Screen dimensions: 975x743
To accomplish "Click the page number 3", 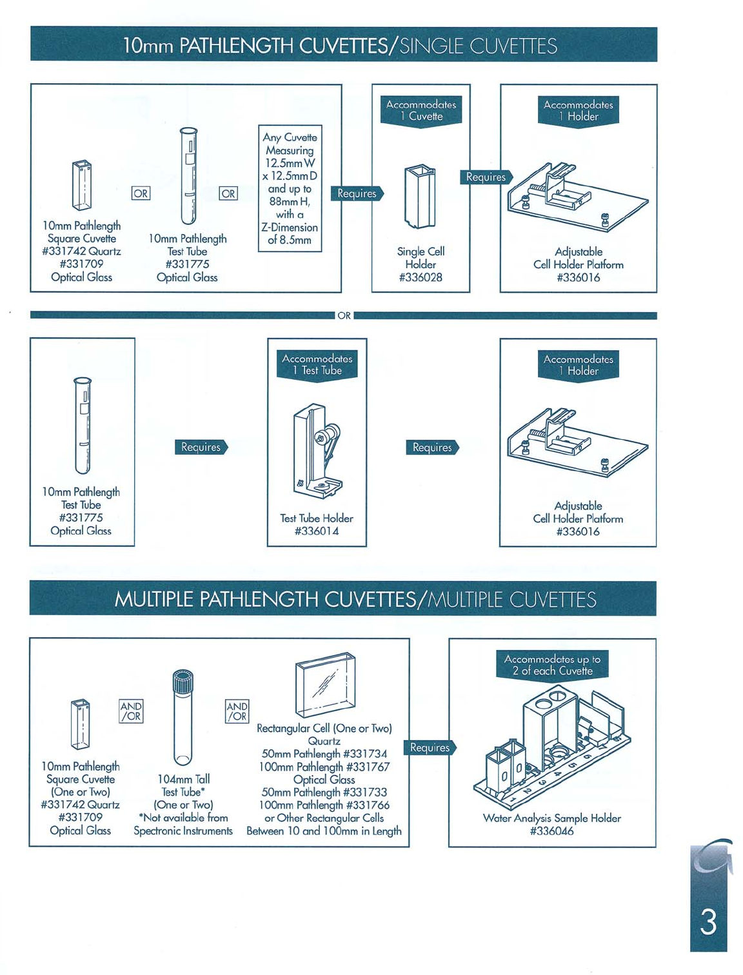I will [x=708, y=922].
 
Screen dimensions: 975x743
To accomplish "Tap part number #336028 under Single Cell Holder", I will [x=421, y=278].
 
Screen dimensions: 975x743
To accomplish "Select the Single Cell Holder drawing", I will [x=420, y=197].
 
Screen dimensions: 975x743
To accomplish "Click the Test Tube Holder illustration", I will [x=317, y=451].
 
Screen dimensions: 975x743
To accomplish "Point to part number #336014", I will [x=317, y=531].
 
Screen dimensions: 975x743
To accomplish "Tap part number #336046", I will [x=551, y=831].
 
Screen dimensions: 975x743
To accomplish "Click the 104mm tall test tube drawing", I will [x=183, y=717].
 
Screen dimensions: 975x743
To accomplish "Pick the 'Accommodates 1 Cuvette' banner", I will [x=421, y=111].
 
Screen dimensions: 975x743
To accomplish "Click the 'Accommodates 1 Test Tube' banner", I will [x=317, y=365].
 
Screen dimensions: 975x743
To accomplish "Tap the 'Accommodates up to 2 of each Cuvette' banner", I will [x=552, y=665].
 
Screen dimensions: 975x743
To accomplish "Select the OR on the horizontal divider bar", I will [x=344, y=316].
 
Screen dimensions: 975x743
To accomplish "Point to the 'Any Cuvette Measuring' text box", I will [x=290, y=188].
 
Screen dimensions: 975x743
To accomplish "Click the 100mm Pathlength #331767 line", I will [x=324, y=767].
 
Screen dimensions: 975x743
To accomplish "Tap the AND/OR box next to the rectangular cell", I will [x=237, y=711].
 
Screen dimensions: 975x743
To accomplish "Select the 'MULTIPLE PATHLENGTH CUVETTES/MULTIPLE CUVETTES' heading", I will [x=355, y=600].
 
